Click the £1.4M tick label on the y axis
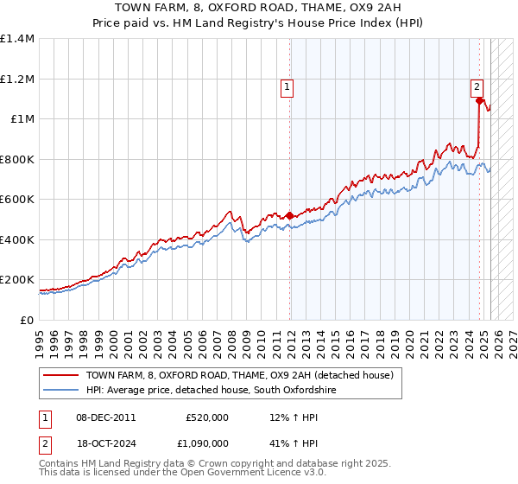pyautogui.click(x=17, y=39)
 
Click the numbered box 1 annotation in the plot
pyautogui.click(x=286, y=86)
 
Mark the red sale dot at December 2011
pyautogui.click(x=290, y=216)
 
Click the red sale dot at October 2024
pyautogui.click(x=479, y=101)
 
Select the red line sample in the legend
pyautogui.click(x=60, y=375)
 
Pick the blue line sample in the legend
pyautogui.click(x=60, y=390)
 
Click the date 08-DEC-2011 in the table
pyautogui.click(x=106, y=417)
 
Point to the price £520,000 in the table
pyautogui.click(x=207, y=417)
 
